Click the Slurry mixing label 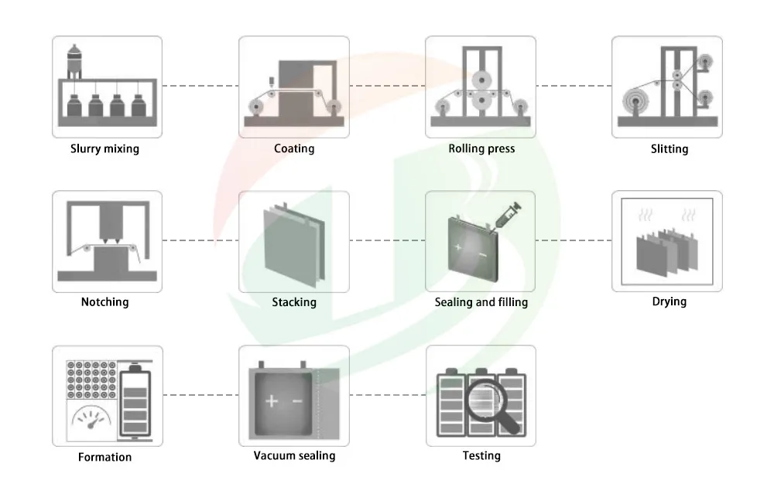(x=105, y=148)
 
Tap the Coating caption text (x=294, y=148)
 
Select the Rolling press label (x=481, y=148)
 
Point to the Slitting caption (x=669, y=148)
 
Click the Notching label (x=105, y=302)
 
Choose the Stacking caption (x=294, y=302)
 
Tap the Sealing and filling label (x=481, y=302)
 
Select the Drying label (x=669, y=301)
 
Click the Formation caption (x=105, y=457)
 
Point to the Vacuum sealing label (x=294, y=456)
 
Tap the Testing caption (x=481, y=456)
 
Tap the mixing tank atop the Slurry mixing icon (x=75, y=60)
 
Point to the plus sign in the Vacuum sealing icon (x=271, y=401)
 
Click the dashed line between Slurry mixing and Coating (x=200, y=86)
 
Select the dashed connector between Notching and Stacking (x=200, y=240)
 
